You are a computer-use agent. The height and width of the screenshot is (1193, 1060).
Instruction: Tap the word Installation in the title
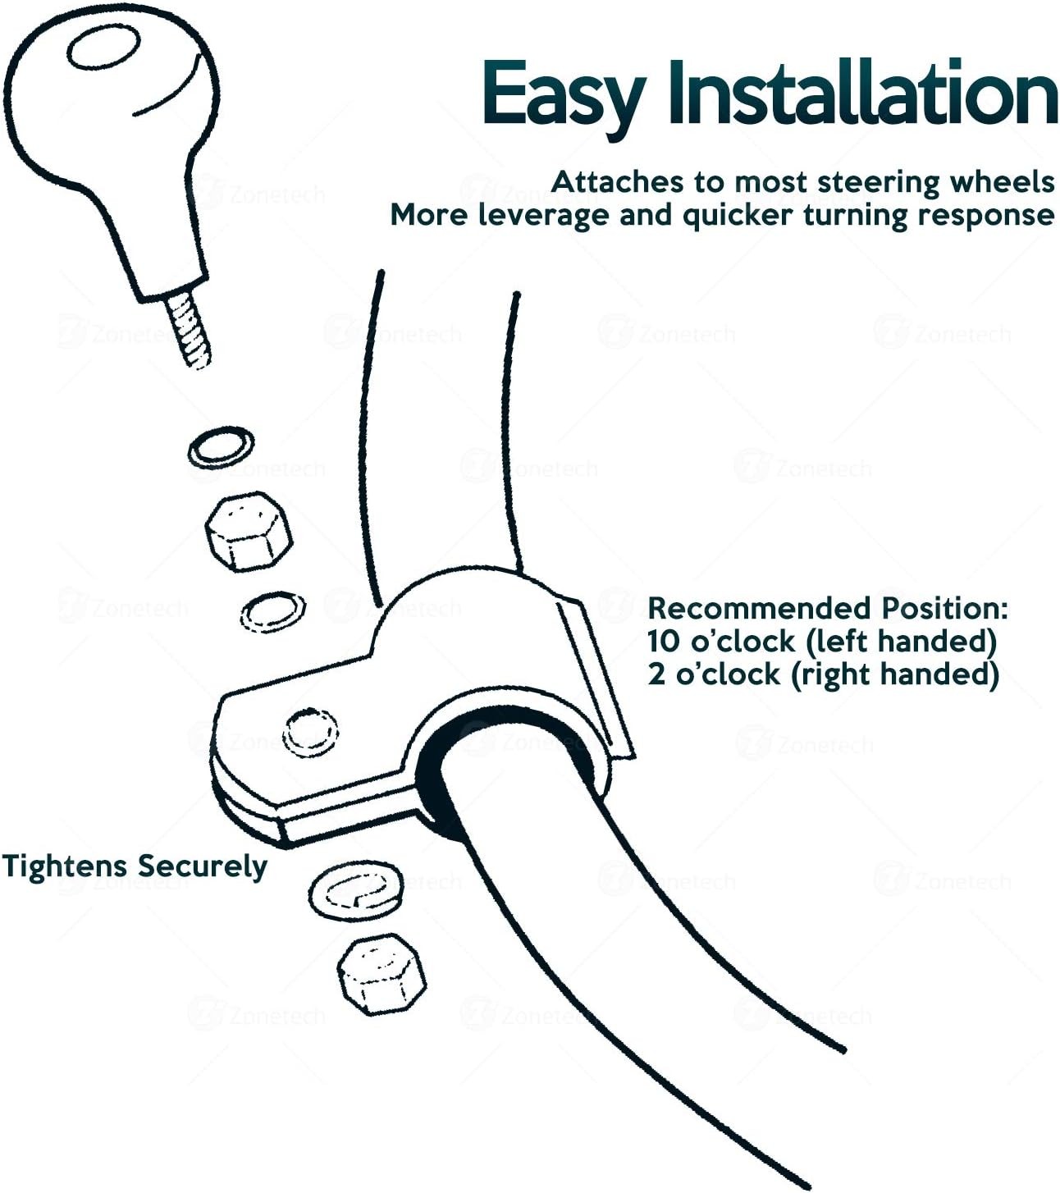coord(862,92)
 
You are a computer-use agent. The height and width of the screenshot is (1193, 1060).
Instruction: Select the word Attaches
coord(617,182)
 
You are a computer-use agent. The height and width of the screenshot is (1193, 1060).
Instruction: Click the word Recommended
coord(758,608)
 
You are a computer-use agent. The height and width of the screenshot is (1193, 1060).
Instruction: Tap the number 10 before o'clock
coord(663,642)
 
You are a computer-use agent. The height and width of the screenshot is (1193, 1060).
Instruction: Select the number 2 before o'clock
coord(656,674)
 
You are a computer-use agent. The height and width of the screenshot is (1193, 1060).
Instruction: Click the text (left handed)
coord(900,642)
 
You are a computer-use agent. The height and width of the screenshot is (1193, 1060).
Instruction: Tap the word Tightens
coord(65,866)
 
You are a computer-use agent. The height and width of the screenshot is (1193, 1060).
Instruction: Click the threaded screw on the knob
coord(189,331)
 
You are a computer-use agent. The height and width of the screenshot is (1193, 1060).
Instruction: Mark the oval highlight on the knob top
coord(103,47)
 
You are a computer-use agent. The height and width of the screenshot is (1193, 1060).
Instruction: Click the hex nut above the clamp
coord(249,532)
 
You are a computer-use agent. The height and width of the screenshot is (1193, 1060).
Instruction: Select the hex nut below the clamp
coord(382,974)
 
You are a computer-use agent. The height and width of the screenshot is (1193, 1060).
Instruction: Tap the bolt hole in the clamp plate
coord(310,732)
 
